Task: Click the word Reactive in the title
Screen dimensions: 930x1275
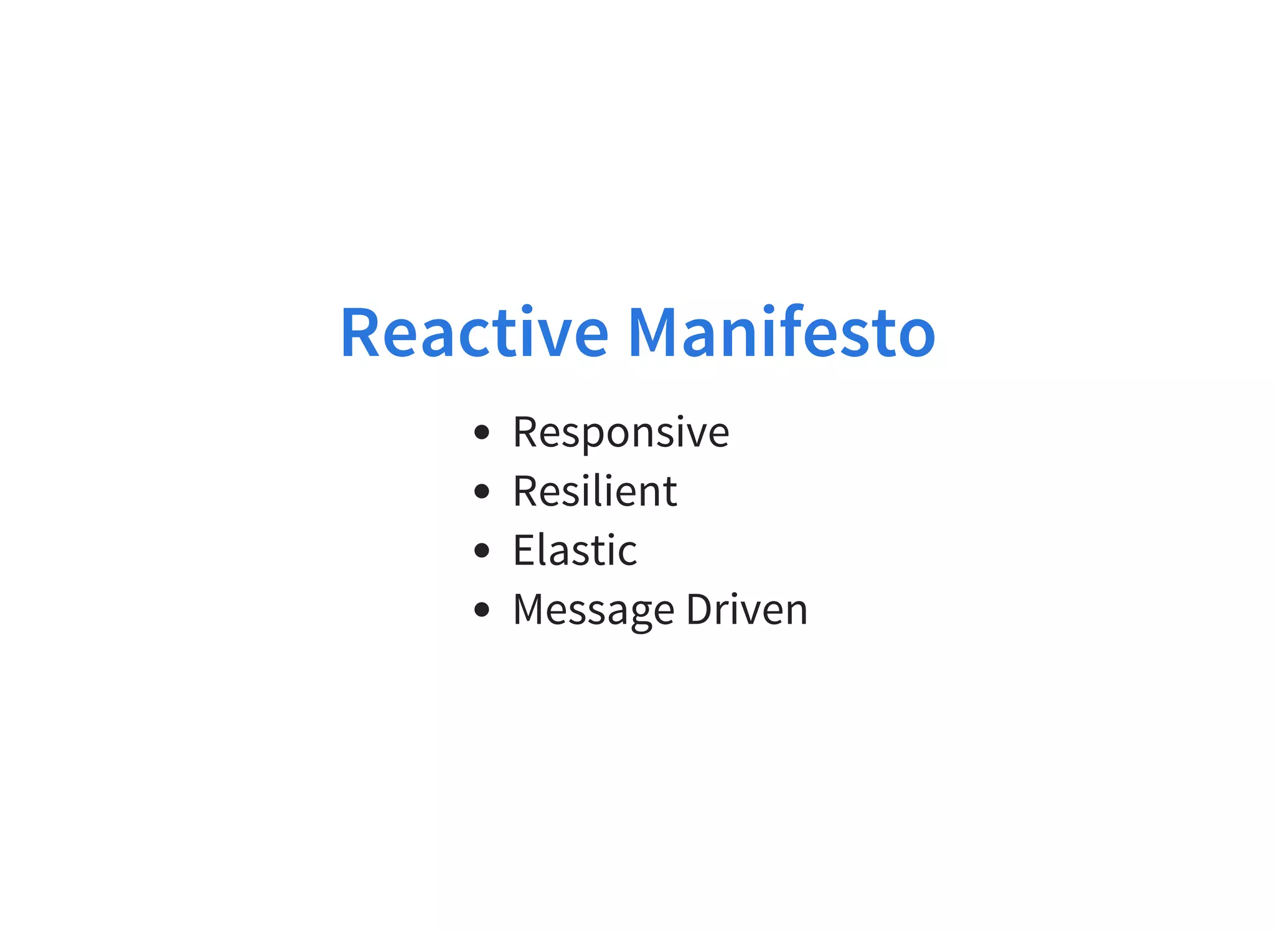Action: coord(474,333)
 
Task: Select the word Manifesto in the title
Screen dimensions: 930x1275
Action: coord(781,333)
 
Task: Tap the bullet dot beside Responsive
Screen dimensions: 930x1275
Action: coord(481,432)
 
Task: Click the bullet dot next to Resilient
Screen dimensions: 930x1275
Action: coord(481,491)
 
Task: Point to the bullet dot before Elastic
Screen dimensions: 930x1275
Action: coord(481,550)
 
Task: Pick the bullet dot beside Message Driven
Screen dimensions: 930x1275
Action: coord(481,609)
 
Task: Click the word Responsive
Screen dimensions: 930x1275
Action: coord(621,432)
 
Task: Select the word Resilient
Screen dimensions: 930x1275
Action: coord(595,491)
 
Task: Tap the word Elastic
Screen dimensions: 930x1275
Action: coord(575,550)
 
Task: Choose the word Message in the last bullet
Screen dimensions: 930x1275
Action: coord(593,610)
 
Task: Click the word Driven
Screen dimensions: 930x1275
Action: coord(746,609)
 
